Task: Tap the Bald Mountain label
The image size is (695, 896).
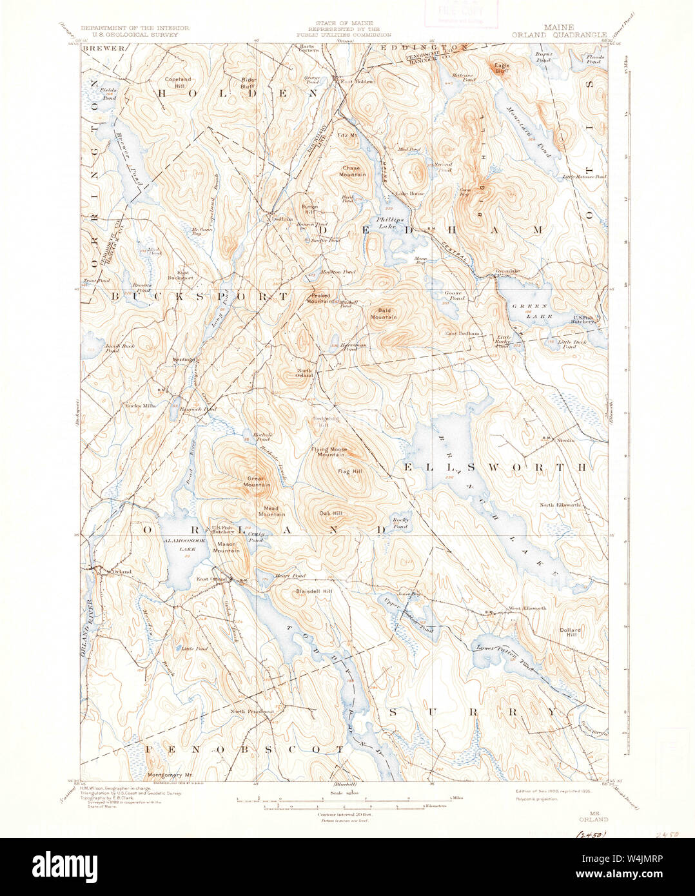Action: (384, 313)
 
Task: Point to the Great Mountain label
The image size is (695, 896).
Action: (256, 482)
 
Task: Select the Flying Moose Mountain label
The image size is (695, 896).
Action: (329, 452)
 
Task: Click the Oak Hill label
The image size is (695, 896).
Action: (330, 513)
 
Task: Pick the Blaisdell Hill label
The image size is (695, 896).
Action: (314, 591)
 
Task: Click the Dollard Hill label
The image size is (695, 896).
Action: (570, 632)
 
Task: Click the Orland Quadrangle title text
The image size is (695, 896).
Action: (558, 35)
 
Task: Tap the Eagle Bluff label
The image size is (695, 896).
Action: (502, 68)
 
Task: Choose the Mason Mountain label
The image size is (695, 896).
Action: (226, 547)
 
